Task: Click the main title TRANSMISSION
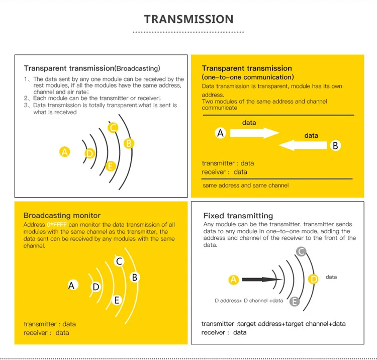click(x=189, y=19)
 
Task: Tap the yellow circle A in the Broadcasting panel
click(x=65, y=152)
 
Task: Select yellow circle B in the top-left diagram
click(x=129, y=144)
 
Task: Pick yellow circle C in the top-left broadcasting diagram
click(x=113, y=128)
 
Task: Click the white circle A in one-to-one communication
click(x=221, y=133)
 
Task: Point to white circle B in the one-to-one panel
click(x=335, y=145)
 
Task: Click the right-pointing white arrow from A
click(x=255, y=133)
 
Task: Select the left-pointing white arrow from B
click(x=303, y=145)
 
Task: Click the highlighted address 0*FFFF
click(x=57, y=225)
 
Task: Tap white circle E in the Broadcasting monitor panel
click(x=117, y=300)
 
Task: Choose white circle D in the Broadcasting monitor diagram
click(x=96, y=287)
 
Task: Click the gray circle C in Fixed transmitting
click(x=301, y=252)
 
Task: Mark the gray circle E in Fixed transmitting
click(x=295, y=301)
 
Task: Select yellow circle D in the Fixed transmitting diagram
click(x=313, y=279)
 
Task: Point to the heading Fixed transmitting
click(x=238, y=216)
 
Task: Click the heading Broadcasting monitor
click(x=62, y=215)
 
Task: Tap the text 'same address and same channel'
click(x=245, y=186)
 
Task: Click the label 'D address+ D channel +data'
click(x=249, y=301)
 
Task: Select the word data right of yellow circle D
click(x=331, y=277)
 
